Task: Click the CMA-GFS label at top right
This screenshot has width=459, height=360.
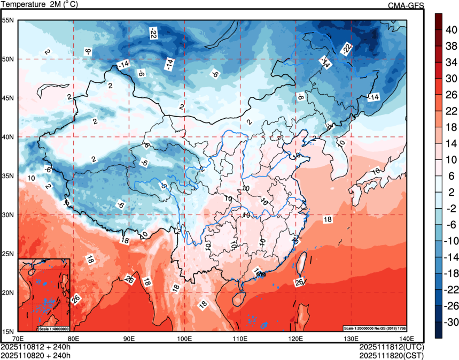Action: (x=407, y=5)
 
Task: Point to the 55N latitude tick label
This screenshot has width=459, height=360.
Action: (x=7, y=20)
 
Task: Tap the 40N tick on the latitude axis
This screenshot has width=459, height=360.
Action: (x=7, y=137)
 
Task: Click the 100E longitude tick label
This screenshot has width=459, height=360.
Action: (x=184, y=338)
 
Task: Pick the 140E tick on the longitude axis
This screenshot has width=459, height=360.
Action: (x=406, y=338)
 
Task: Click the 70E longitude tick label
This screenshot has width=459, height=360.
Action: (x=18, y=338)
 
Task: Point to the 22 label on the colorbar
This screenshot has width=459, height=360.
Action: (x=452, y=111)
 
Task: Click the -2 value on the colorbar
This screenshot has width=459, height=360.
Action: (x=452, y=209)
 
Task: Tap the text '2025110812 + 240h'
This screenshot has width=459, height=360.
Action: (x=36, y=346)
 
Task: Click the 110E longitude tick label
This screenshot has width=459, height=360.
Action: (x=240, y=338)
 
